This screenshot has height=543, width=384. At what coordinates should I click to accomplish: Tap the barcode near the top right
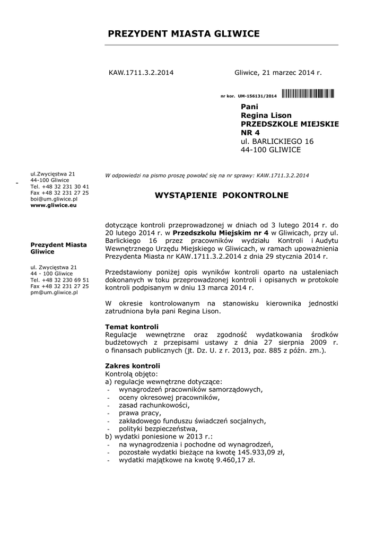308,94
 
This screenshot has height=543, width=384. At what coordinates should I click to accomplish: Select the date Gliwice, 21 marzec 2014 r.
278,72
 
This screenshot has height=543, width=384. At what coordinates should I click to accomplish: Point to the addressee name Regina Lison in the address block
266,115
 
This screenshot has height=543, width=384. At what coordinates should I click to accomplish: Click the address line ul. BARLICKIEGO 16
277,141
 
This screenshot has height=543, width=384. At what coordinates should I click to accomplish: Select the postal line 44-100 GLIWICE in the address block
270,150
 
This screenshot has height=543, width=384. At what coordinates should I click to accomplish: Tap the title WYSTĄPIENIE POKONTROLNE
221,196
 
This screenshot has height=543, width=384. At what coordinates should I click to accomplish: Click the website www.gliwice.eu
54,205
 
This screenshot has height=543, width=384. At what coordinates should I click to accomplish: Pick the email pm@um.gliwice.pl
54,292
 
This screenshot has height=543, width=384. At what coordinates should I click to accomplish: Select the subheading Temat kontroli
132,326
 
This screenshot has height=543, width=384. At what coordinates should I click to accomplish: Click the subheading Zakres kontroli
133,366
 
